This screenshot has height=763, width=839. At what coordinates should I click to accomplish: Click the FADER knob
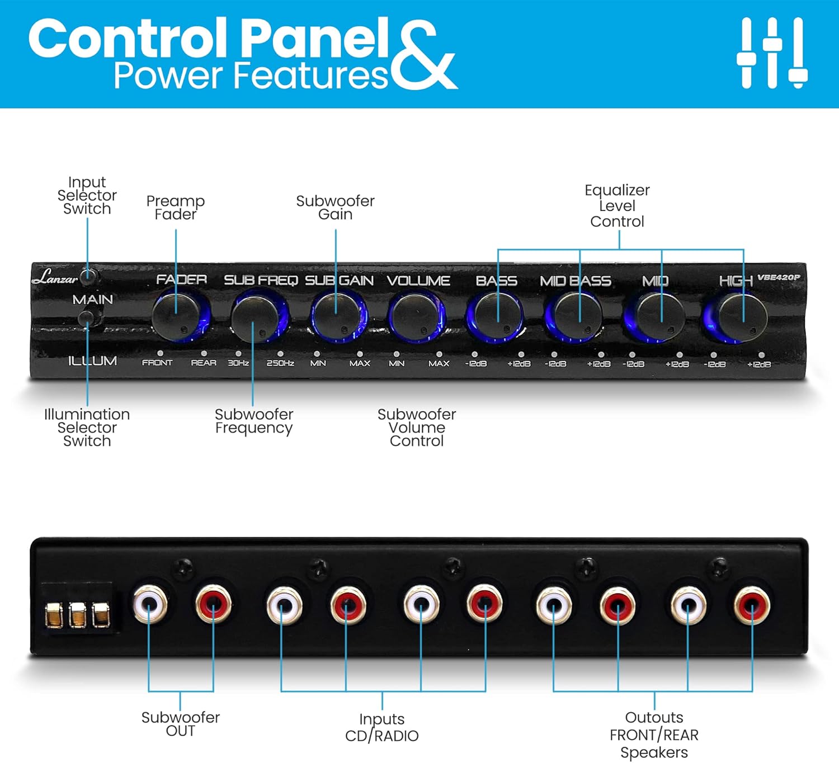tap(176, 316)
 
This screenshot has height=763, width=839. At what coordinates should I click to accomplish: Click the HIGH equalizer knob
tap(743, 317)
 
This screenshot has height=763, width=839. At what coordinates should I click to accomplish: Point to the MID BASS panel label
tap(576, 281)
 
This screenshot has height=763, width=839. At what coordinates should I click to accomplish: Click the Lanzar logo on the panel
tap(55, 277)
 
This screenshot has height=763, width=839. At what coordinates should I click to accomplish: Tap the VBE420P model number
tap(779, 277)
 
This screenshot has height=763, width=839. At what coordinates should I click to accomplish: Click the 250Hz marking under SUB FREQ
tap(280, 363)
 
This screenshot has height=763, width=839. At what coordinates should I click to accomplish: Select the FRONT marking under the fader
tap(157, 362)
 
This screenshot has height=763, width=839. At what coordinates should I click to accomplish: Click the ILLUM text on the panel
tap(92, 361)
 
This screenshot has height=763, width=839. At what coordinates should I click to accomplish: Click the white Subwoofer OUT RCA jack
tap(150, 604)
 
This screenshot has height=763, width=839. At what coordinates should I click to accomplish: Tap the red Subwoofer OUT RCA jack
tap(213, 604)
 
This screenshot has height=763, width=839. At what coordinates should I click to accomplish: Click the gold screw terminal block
tap(78, 614)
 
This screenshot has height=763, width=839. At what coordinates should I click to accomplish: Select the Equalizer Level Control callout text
tap(618, 206)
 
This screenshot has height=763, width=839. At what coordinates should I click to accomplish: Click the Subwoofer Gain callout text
tap(336, 207)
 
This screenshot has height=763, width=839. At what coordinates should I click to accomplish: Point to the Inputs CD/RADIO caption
tap(382, 728)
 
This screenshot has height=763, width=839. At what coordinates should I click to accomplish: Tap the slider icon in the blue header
tap(772, 53)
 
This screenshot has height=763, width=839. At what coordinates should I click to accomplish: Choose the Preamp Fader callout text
tap(176, 207)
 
